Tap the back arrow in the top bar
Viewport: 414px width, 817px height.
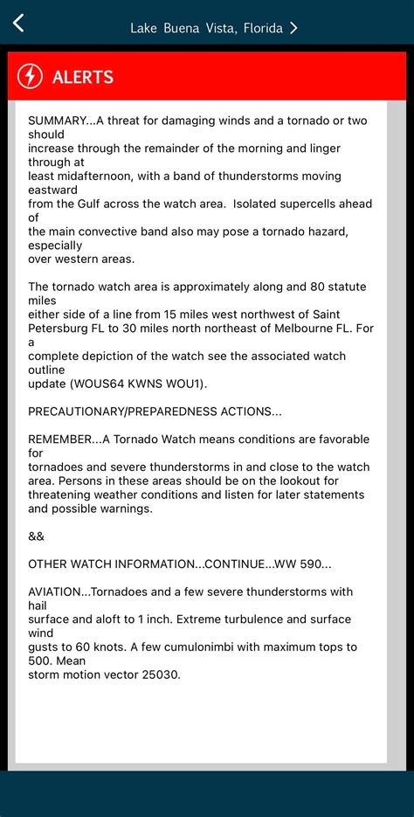pos(18,24)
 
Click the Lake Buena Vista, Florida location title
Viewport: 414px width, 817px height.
pos(206,28)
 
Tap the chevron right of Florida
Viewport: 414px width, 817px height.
pos(294,28)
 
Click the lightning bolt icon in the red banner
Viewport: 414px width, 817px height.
pos(30,76)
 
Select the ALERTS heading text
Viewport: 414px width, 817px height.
pos(83,77)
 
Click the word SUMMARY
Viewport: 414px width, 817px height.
pos(58,121)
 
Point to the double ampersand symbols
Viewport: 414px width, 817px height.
pos(36,536)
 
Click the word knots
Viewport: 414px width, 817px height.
pos(100,647)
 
